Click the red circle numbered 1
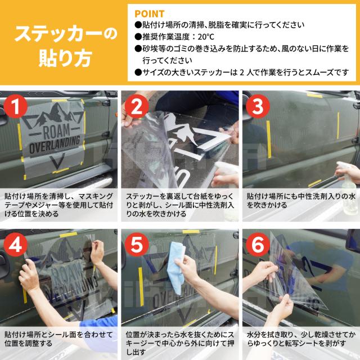coord(16,106)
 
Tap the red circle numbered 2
coord(137,106)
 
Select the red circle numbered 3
coord(258,106)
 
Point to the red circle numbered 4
coord(16,245)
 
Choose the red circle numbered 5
coord(137,245)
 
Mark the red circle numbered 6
coord(258,245)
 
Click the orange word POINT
coord(150,14)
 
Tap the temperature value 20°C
coord(206,37)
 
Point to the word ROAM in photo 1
coord(56,131)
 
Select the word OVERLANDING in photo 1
coord(55,145)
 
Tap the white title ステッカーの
coord(66,34)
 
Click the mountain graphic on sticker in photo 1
coord(55,115)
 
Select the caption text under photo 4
coord(58,339)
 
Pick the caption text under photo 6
coord(301,339)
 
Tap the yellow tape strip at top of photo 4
coord(69,235)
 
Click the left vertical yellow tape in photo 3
coord(269,139)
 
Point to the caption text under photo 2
coord(180,205)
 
